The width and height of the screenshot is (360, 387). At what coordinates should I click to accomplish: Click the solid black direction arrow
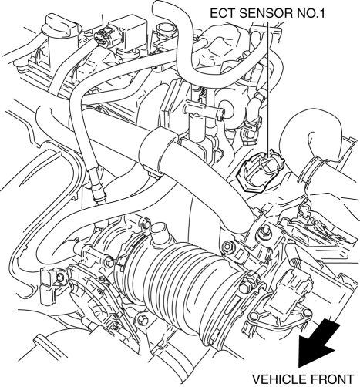coord(318,345)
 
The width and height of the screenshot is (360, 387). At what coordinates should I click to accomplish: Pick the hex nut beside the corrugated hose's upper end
coord(227,247)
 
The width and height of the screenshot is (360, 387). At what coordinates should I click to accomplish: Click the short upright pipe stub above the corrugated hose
coord(158,232)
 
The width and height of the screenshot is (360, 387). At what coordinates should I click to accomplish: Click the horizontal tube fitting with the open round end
coord(205,111)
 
